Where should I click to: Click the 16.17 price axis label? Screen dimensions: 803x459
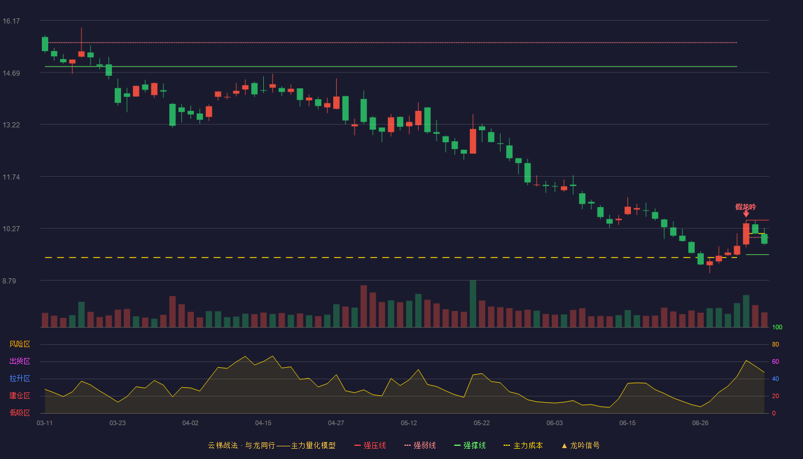[11, 21]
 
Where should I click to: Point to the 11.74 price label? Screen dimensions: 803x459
[11, 177]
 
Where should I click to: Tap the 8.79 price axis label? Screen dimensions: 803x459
[9, 281]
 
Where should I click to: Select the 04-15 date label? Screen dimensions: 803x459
[263, 423]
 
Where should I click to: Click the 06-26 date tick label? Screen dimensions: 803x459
[700, 423]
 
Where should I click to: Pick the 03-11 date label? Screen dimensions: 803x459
[45, 423]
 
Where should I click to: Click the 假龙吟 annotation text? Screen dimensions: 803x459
[746, 207]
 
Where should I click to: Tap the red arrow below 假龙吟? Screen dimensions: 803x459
[746, 214]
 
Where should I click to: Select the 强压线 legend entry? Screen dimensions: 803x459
[370, 445]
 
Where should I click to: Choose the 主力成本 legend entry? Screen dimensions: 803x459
[523, 445]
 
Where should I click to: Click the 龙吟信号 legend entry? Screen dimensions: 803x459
[580, 445]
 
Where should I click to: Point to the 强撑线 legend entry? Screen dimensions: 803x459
[470, 445]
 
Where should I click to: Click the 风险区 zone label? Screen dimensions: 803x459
[20, 344]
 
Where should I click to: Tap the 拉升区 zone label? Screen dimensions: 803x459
[20, 379]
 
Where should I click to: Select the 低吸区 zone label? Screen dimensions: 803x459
[20, 413]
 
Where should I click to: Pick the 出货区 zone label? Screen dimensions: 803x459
[20, 361]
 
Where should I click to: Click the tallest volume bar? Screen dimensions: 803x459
[473, 304]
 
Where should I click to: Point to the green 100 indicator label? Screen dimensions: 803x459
[777, 327]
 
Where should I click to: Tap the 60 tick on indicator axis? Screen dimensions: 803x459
[775, 361]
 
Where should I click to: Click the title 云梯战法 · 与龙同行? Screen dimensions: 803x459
[241, 445]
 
